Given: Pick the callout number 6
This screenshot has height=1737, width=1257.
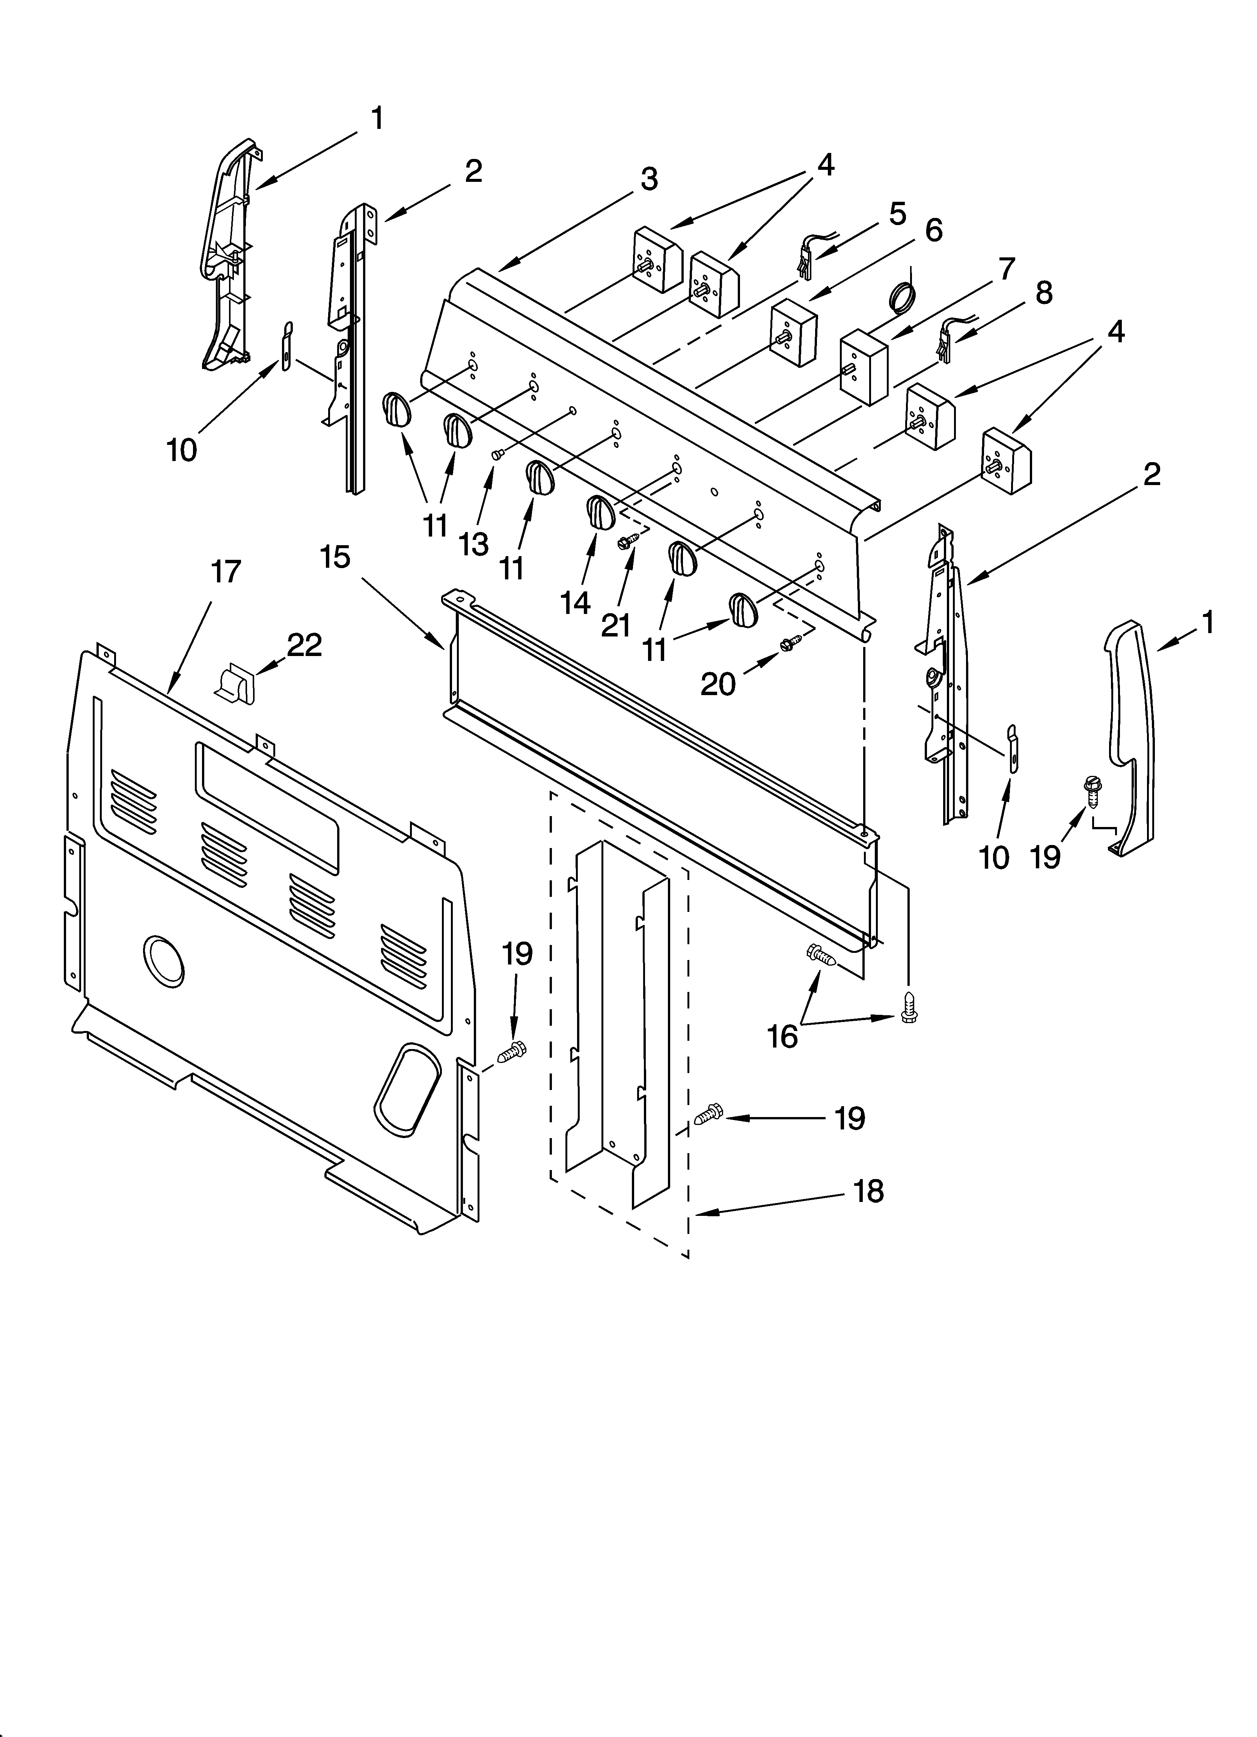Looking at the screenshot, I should coord(933,230).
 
